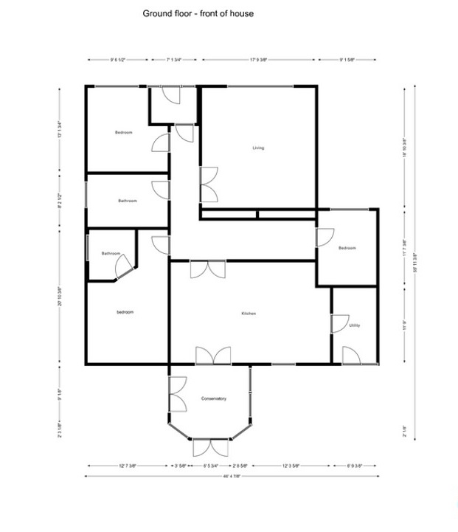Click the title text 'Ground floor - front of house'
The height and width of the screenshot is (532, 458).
click(x=198, y=13)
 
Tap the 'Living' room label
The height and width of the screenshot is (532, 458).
click(x=258, y=148)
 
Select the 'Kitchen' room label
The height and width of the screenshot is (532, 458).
click(x=249, y=314)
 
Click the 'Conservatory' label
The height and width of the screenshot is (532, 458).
click(x=213, y=398)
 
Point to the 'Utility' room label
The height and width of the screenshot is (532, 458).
click(x=355, y=325)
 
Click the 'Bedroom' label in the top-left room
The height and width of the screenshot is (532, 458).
click(x=123, y=132)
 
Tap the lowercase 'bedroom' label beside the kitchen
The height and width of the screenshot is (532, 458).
click(x=125, y=312)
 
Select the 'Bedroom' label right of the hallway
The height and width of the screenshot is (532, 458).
click(x=347, y=248)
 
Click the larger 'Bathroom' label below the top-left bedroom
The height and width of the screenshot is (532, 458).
click(x=128, y=201)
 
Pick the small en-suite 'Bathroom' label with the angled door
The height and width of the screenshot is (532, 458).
click(x=111, y=253)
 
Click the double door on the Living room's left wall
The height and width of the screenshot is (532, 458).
click(x=209, y=183)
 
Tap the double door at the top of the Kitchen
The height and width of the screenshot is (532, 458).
click(x=207, y=269)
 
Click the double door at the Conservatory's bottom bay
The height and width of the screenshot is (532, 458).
click(x=209, y=448)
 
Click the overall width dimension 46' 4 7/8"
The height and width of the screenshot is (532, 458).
click(x=234, y=476)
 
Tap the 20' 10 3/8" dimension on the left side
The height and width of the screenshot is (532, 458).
click(x=59, y=295)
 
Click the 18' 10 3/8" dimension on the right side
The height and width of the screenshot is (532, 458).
click(x=404, y=148)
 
